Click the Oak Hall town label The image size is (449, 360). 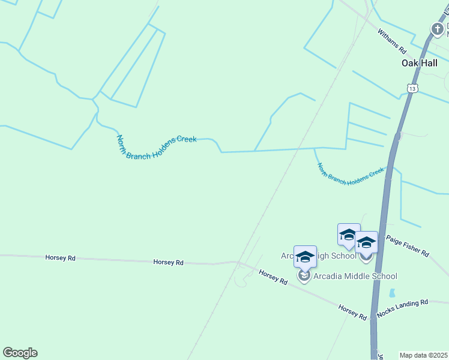419,62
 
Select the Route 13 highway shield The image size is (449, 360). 412,88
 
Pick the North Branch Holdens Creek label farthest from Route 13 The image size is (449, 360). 156,146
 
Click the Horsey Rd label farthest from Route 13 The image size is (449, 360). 60,257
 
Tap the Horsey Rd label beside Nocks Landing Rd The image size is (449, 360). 352,310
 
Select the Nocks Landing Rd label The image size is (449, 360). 402,308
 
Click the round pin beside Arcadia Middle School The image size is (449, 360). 304,276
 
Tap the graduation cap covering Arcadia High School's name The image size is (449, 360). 305,257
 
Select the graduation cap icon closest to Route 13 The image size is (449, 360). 366,242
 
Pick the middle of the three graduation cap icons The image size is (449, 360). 349,234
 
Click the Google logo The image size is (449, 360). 20,353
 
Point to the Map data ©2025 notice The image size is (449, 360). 424,355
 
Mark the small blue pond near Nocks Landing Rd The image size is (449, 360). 392,293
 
